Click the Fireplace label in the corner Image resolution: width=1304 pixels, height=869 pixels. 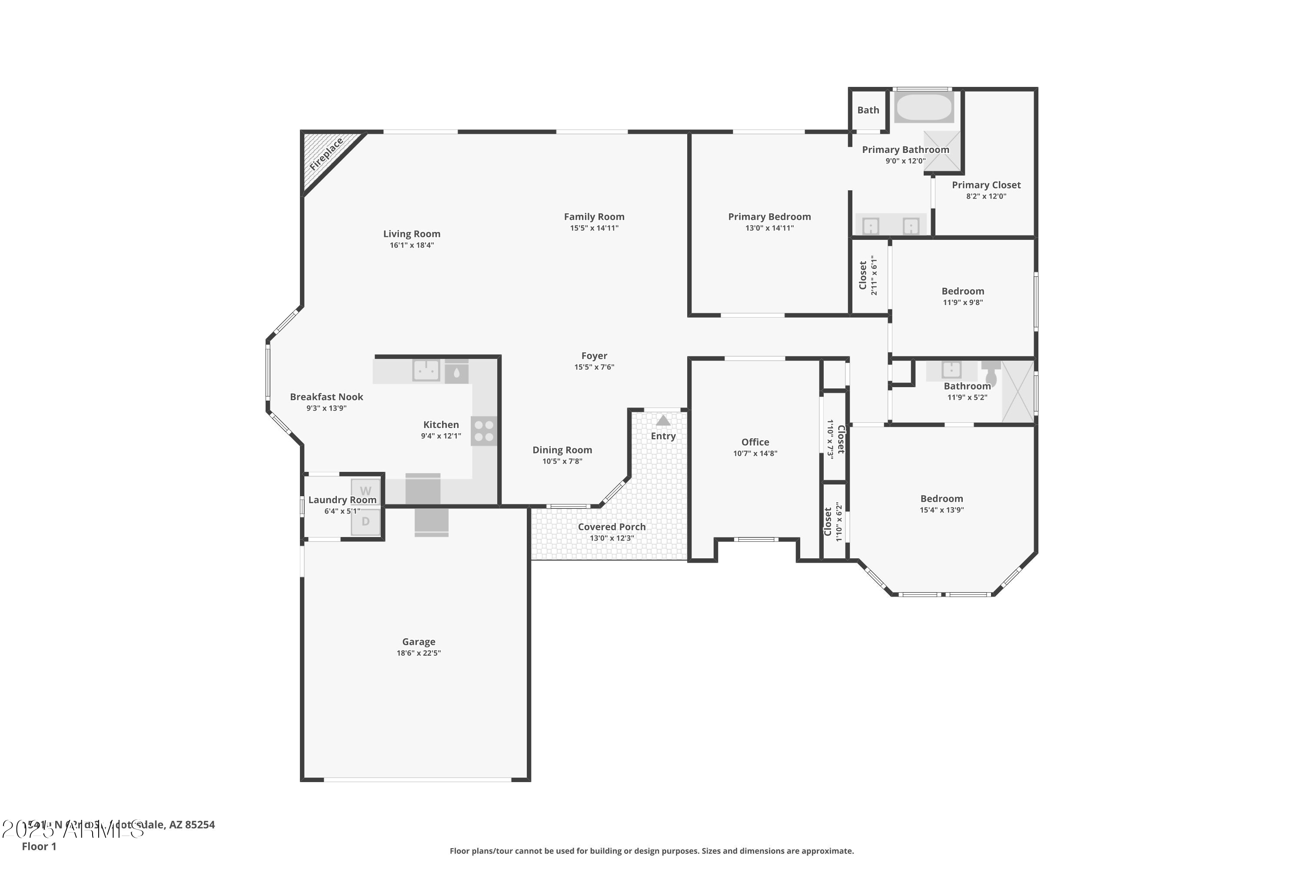coord(326,155)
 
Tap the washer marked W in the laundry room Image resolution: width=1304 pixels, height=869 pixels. coord(366,491)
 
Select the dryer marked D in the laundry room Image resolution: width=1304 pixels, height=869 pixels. coord(366,521)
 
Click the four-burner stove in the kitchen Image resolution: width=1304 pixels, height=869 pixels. coord(484,431)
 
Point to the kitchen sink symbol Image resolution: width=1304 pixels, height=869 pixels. coord(426,370)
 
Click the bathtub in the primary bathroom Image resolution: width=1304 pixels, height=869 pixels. coord(924,107)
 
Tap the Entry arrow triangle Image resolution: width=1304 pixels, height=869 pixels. coord(663,421)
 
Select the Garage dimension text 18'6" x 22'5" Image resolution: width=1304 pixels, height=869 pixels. coord(419,653)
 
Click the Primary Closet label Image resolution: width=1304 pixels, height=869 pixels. coord(986,185)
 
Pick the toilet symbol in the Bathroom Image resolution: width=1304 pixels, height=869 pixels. coord(991,373)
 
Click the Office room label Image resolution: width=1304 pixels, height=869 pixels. coord(755,442)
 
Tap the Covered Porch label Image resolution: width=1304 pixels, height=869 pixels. coord(612,527)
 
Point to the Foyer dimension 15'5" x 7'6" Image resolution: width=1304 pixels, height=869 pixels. coord(594,367)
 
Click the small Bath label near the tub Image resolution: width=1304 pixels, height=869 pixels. coord(868,110)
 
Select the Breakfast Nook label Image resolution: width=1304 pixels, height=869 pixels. coord(326,397)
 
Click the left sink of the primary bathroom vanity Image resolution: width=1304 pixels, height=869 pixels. coord(871,226)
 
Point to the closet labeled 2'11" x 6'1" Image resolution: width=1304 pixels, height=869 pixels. coord(868,275)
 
